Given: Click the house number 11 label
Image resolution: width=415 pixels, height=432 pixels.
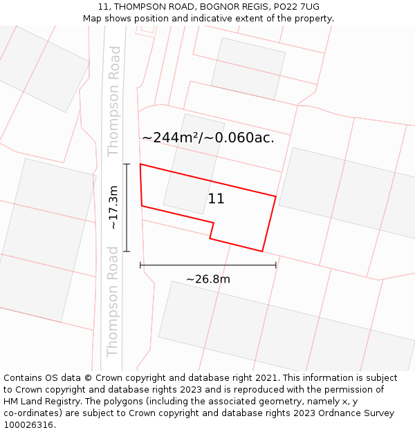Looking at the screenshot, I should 216,199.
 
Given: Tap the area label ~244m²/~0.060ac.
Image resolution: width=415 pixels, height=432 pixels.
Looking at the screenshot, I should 207,138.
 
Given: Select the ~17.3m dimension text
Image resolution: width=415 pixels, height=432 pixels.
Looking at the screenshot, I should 113,207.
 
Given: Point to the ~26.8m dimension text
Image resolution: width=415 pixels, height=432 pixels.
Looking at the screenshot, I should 207,279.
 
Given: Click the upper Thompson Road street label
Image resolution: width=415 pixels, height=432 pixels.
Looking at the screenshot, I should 114,101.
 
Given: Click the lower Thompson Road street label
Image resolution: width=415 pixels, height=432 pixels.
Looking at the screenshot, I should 113,301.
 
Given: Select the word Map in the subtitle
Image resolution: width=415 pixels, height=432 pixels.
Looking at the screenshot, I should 93,19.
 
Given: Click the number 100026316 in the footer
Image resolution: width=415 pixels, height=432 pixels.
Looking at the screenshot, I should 28,425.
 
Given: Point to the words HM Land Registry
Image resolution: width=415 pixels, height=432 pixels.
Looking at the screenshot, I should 41,402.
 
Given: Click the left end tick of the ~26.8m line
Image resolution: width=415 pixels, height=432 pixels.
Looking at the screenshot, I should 140,265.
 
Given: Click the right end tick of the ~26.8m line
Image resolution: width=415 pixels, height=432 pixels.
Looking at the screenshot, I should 276,265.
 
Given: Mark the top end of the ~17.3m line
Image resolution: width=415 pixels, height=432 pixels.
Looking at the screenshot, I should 127,164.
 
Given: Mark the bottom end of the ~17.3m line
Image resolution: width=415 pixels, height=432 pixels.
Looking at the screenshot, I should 127,251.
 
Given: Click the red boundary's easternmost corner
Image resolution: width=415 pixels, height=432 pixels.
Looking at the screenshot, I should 276,197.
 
